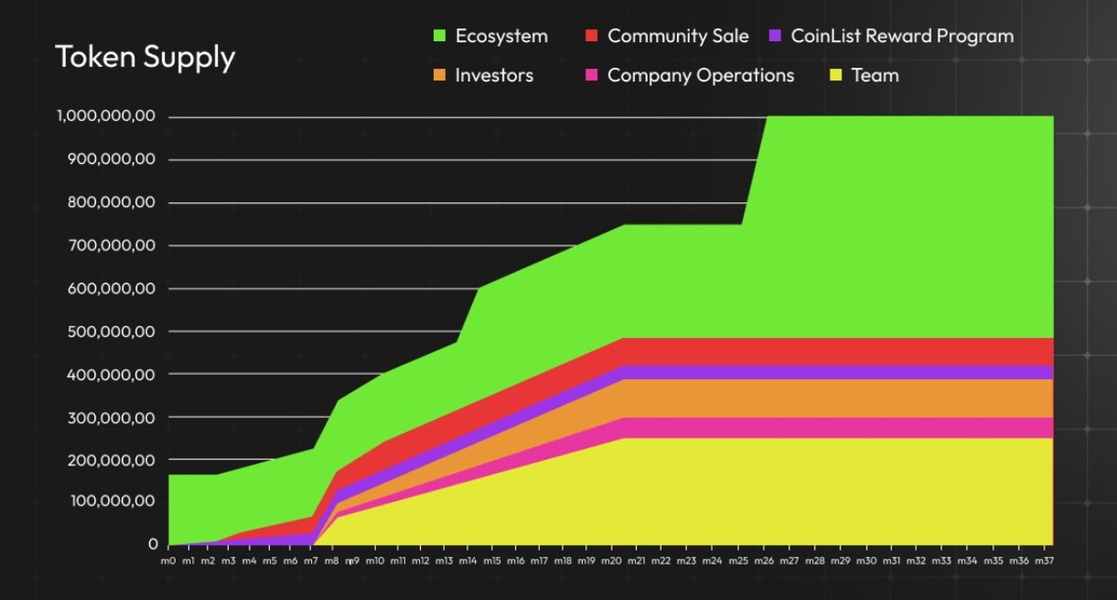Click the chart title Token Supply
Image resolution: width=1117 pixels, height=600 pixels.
[x=145, y=58]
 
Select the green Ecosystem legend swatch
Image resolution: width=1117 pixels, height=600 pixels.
[x=441, y=36]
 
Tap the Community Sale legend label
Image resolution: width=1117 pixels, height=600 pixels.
[x=678, y=36]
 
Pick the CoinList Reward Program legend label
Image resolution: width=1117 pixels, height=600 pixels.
[x=902, y=36]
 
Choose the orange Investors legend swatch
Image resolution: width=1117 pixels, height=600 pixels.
[x=441, y=75]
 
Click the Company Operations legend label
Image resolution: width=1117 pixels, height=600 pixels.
[x=701, y=75]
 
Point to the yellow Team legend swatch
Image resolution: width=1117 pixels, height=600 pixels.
[x=835, y=75]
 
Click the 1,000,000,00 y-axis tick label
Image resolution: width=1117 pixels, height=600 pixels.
[x=104, y=116]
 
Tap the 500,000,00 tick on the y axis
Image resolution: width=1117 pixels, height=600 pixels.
[x=109, y=331]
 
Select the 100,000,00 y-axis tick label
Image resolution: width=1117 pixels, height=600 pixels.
[x=109, y=501]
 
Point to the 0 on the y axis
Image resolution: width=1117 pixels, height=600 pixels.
[x=153, y=543]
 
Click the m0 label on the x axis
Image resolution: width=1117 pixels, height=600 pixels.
[x=168, y=561]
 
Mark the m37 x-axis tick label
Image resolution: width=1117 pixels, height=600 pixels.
[x=1044, y=561]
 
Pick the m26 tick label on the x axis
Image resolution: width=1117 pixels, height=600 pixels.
[x=763, y=561]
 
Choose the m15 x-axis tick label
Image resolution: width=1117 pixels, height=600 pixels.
[x=491, y=561]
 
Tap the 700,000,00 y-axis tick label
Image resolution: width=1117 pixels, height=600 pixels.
[x=109, y=245]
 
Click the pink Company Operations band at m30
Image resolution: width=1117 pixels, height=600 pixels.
[x=867, y=428]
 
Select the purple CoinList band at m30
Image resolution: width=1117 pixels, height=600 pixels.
[x=867, y=373]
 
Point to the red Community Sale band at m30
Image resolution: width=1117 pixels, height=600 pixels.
[x=867, y=351]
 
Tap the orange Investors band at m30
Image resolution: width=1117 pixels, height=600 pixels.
[x=867, y=399]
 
